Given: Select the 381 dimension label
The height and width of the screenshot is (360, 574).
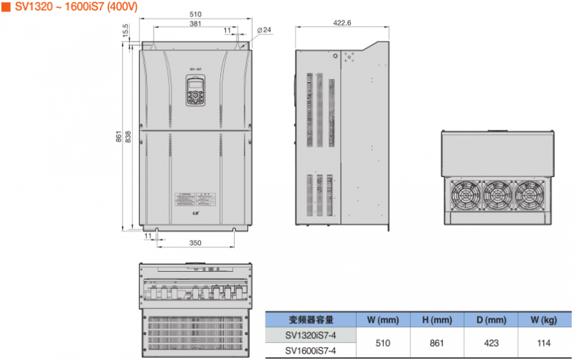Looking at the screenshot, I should (194, 24).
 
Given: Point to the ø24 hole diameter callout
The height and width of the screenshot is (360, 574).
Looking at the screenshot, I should (264, 30).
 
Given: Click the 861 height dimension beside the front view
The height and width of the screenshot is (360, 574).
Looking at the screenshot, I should (119, 137).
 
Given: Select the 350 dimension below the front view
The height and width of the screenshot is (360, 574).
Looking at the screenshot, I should (195, 243).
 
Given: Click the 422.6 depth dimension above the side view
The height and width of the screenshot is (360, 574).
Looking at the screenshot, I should (342, 23).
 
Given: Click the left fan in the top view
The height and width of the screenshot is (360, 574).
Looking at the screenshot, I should (465, 194).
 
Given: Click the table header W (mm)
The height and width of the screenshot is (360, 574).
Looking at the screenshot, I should (382, 320).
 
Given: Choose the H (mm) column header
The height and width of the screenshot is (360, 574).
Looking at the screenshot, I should (436, 320).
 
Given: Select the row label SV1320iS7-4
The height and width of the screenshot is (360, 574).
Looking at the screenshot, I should (311, 335).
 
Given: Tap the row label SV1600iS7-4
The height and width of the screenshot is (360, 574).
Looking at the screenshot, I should (311, 351).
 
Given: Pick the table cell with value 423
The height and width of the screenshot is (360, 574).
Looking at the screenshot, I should (490, 343).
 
